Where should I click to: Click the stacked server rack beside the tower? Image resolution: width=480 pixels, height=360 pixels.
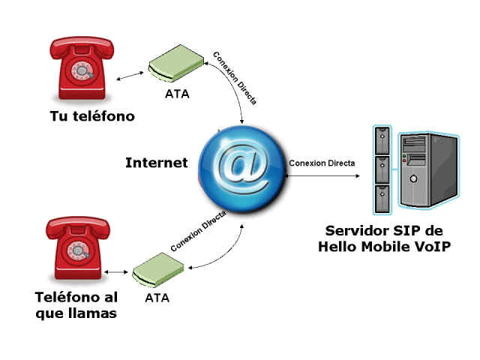pyautogui.click(x=382, y=169)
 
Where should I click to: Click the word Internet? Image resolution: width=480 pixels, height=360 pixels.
pyautogui.click(x=156, y=163)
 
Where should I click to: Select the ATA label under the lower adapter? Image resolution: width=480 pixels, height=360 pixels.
pyautogui.click(x=156, y=297)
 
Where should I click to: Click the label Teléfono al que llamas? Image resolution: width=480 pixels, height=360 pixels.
pyautogui.click(x=76, y=305)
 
